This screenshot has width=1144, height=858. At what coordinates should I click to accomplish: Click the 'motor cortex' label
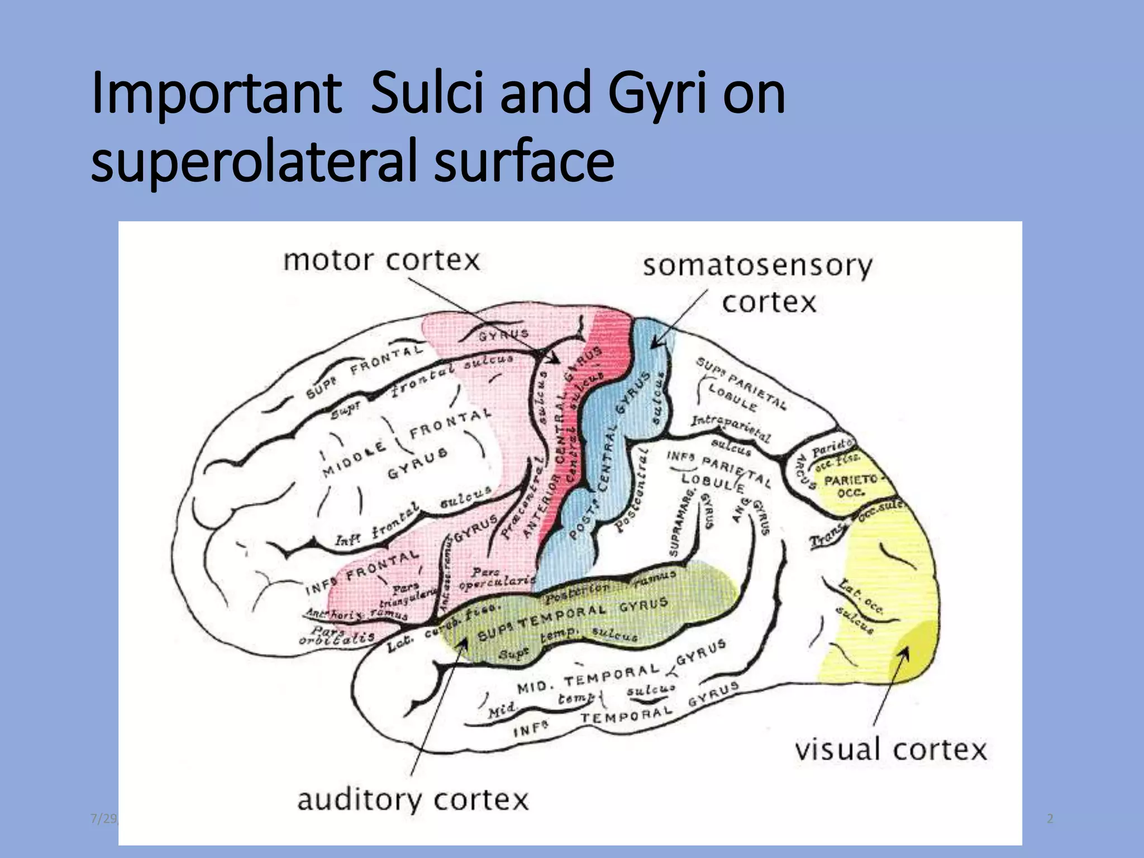click(x=382, y=260)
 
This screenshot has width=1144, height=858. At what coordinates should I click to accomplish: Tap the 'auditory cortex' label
click(x=412, y=799)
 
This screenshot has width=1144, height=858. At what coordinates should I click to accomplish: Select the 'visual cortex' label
click(x=891, y=750)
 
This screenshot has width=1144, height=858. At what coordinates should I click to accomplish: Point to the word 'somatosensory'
click(x=757, y=266)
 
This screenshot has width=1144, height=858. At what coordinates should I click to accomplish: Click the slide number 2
click(x=1050, y=818)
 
